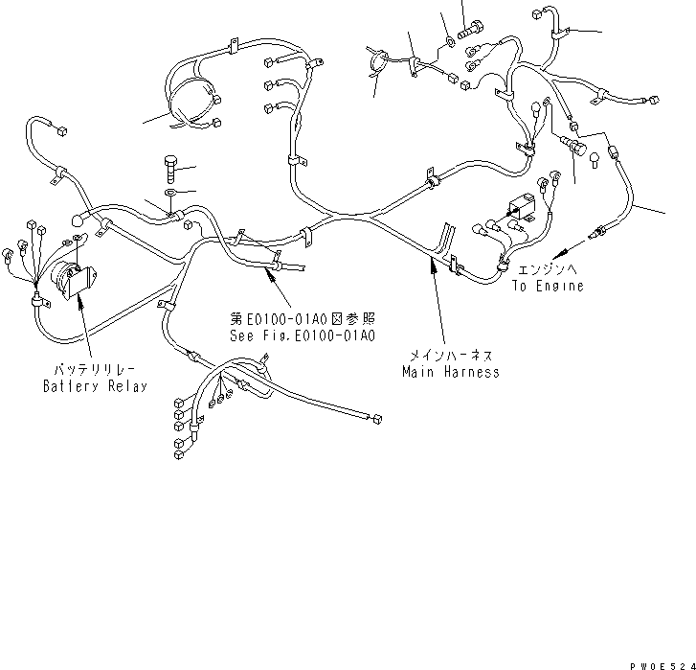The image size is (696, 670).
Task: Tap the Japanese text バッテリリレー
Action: point(85,369)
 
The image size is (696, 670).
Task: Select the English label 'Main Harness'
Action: point(450,372)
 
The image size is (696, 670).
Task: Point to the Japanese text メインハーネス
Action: point(450,355)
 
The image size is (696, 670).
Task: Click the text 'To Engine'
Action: point(547,286)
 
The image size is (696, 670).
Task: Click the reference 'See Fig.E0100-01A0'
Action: point(302,336)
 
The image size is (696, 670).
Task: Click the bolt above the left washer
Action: point(170,169)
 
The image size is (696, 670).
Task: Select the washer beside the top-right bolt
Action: point(450,43)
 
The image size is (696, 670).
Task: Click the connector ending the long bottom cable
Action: point(376,419)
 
